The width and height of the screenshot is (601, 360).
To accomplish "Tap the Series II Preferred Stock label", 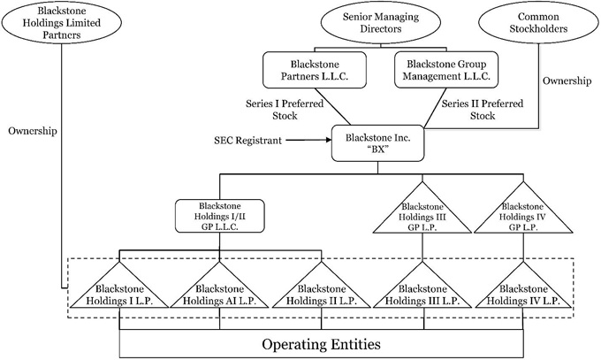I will [482, 109].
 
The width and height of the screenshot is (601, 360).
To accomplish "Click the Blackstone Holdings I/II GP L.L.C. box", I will [221, 215].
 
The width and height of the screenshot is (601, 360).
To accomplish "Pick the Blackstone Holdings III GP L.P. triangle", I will [423, 216].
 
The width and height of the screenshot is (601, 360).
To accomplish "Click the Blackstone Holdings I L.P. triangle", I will [119, 294].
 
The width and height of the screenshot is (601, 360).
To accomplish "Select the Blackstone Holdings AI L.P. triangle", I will [221, 294].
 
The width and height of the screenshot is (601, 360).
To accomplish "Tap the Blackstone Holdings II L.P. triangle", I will [323, 294].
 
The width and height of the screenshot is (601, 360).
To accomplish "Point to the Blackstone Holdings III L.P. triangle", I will [423, 294].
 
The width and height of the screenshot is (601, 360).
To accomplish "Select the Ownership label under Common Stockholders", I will [567, 81].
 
